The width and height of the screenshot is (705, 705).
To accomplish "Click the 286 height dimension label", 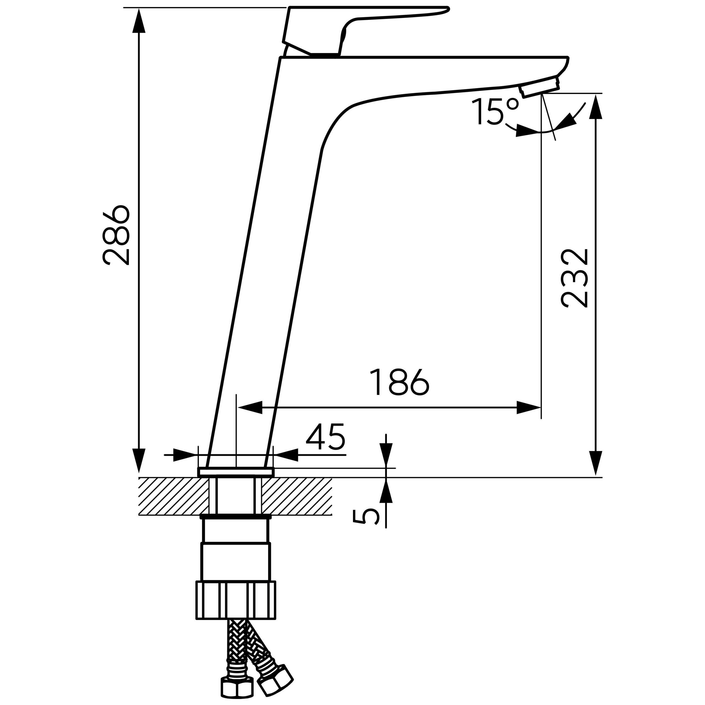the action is coord(116,235).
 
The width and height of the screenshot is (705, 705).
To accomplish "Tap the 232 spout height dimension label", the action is coord(575,278).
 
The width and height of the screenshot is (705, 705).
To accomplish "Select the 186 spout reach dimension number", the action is coord(399,382).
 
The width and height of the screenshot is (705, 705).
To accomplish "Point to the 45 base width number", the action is coord(325,437).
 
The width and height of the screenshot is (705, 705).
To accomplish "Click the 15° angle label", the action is coord(495,112).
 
